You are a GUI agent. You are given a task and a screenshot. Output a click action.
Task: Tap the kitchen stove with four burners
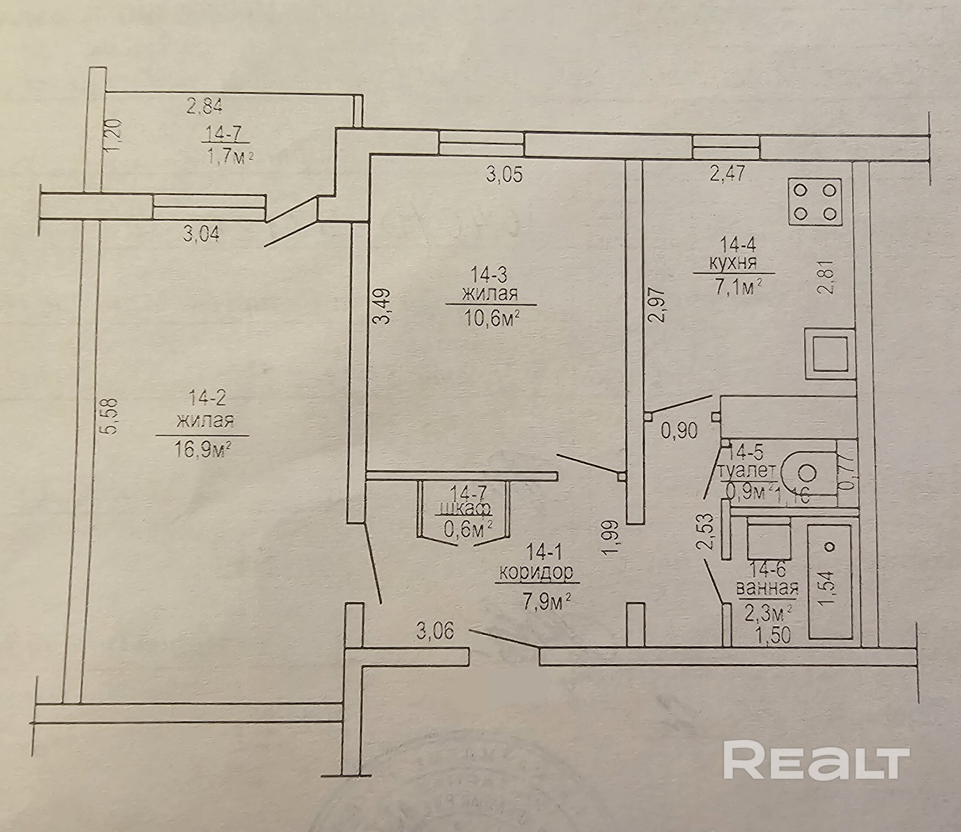click(x=815, y=202)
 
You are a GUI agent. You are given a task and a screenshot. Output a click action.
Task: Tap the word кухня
click(x=733, y=264)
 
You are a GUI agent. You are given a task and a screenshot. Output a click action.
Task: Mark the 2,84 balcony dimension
click(x=204, y=107)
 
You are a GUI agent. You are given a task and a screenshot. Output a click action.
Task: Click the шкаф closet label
click(x=464, y=509)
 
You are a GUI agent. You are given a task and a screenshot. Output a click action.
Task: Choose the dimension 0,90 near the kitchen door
click(x=679, y=431)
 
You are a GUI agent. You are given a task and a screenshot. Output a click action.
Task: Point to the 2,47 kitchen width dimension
click(x=727, y=174)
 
